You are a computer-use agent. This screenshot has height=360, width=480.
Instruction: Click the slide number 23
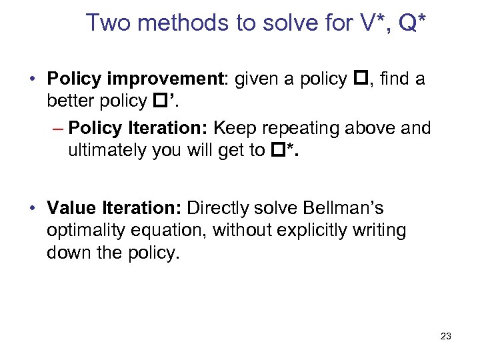click(445, 336)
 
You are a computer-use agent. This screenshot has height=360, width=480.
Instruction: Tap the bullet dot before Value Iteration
click(33, 209)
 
